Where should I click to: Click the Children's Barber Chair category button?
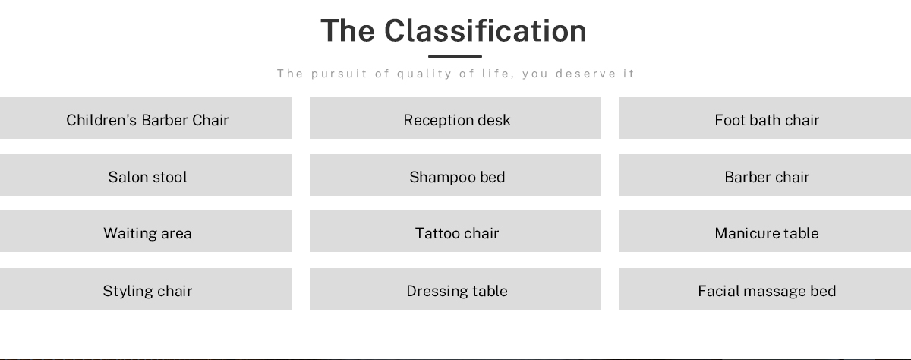(146, 118)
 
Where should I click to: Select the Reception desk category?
(455, 118)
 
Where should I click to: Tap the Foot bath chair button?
(765, 118)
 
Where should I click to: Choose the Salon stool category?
(146, 175)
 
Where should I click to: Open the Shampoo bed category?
(455, 175)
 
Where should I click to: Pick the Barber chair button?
(765, 175)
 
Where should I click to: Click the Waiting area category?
(146, 231)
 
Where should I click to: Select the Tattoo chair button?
(455, 231)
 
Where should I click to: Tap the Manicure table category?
(765, 231)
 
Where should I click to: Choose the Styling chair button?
(146, 289)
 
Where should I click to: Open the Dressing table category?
(455, 289)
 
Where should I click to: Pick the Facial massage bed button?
(765, 289)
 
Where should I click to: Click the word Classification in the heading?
(485, 30)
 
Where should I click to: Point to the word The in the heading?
(348, 30)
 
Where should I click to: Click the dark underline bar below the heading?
(455, 56)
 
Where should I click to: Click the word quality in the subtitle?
(424, 74)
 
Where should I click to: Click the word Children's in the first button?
(101, 120)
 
